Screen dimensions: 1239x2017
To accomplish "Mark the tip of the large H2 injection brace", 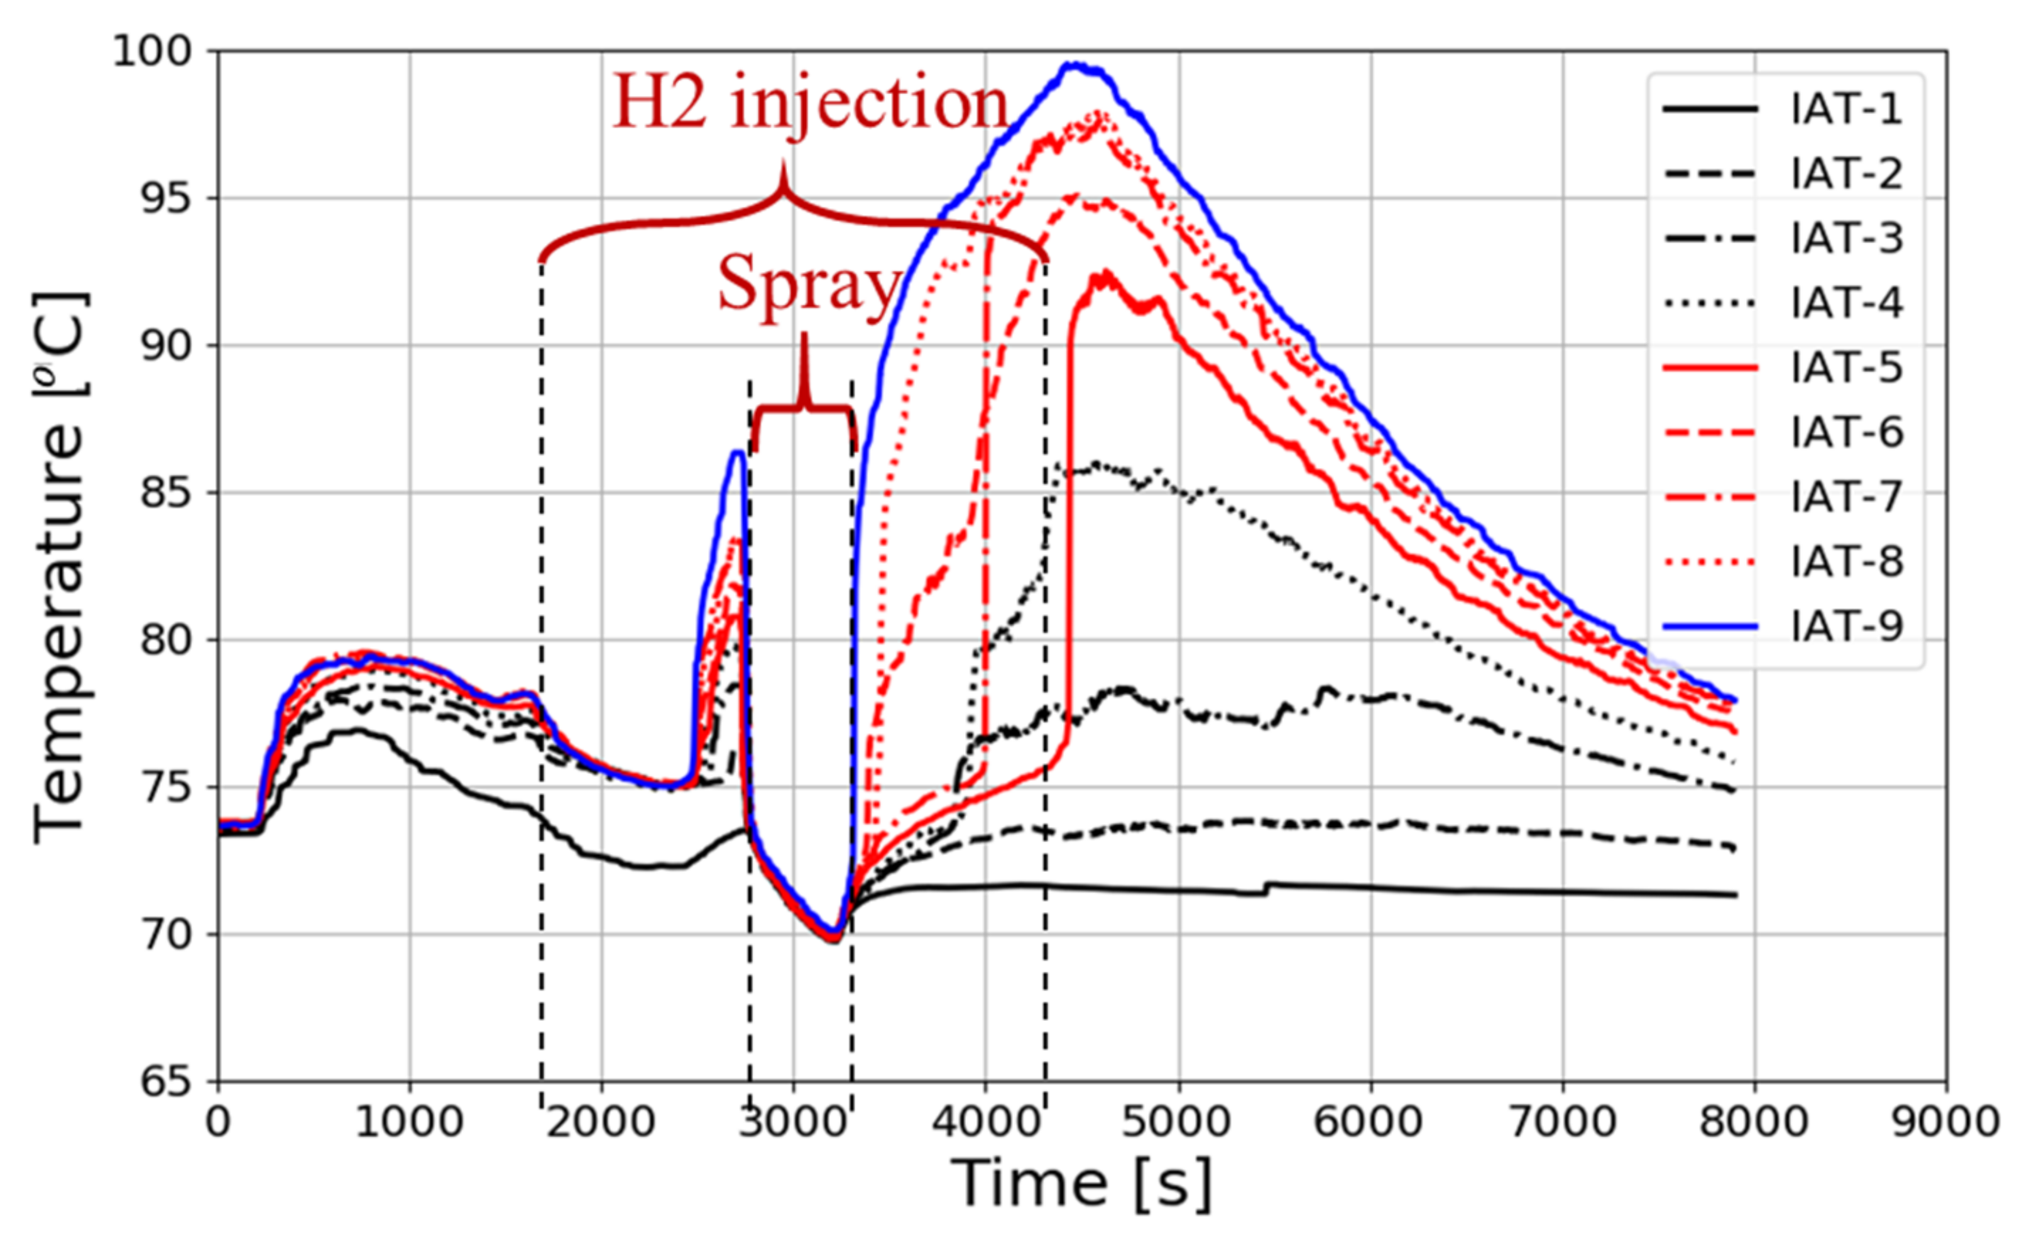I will (784, 164).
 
